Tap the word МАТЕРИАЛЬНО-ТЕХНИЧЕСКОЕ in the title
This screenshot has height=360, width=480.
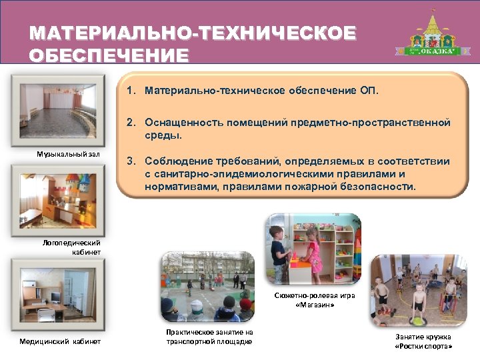click(193, 33)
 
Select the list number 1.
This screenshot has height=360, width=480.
click(131, 89)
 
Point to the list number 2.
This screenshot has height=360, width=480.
click(131, 123)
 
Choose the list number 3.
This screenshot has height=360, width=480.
click(131, 161)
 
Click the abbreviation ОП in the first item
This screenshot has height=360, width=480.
click(367, 89)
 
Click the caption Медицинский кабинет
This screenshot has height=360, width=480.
click(60, 342)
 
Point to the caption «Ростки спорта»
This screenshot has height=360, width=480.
click(423, 347)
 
